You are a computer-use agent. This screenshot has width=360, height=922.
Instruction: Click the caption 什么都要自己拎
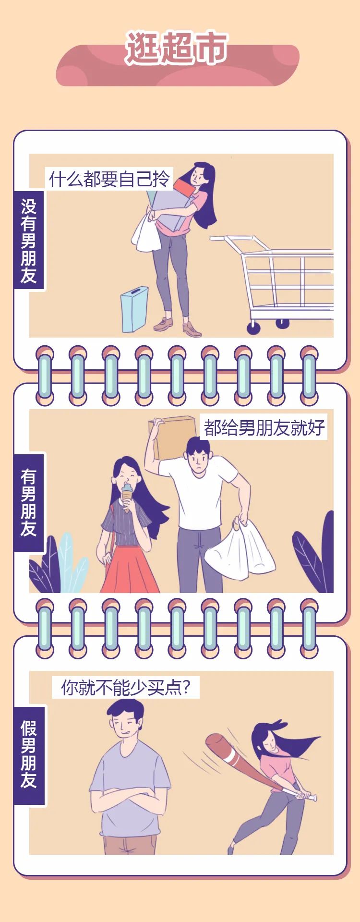tap(109, 179)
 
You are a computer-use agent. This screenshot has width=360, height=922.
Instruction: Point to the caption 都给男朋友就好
tap(264, 427)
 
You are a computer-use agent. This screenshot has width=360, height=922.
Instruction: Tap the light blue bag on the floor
tap(134, 309)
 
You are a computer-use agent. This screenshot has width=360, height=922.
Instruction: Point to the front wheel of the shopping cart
tap(253, 328)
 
